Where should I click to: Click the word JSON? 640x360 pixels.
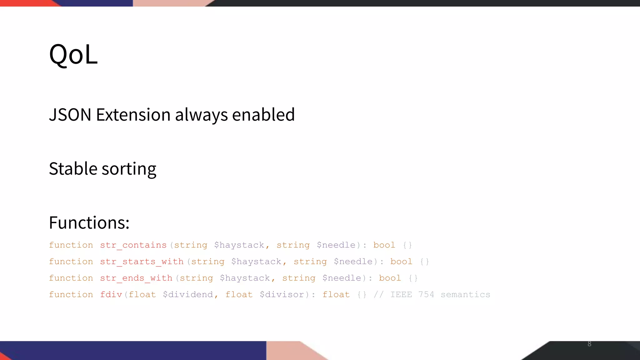coord(70,115)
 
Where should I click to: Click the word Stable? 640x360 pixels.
coord(73,169)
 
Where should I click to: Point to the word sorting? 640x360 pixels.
coord(129,169)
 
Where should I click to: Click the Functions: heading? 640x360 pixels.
coord(89,223)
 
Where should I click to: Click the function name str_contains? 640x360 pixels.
coord(133,245)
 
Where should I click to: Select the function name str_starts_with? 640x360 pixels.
coord(142,262)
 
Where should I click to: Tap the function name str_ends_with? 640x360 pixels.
coord(136,278)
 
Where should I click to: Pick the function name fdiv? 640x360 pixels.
coord(111,295)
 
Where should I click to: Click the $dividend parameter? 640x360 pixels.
coord(188,295)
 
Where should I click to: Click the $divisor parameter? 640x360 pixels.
coord(282,295)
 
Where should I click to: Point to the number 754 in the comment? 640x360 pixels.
coord(426,295)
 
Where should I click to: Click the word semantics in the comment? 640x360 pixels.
coord(465,295)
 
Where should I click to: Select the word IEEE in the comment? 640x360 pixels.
coord(401,295)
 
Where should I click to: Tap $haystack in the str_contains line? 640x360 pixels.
coord(239,245)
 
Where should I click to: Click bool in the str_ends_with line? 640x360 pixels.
coord(390,278)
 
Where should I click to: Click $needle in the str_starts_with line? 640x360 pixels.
coord(353,262)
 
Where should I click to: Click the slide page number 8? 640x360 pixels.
coord(589,344)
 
